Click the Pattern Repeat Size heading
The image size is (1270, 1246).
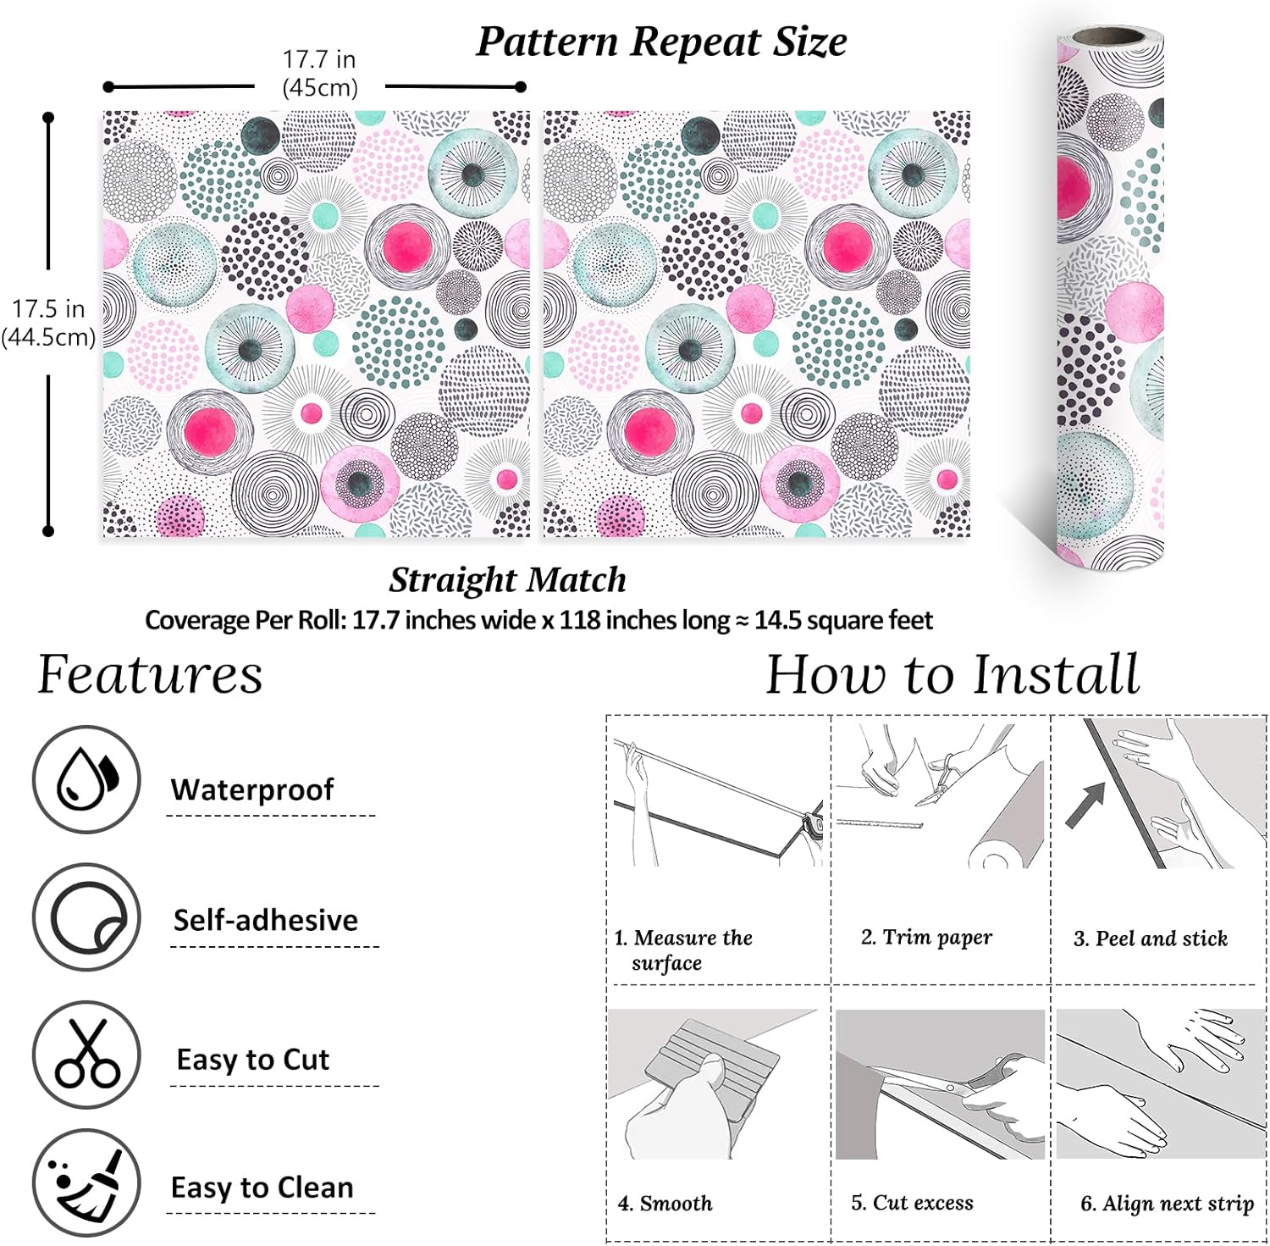coord(661,42)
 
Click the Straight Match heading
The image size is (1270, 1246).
coord(507,580)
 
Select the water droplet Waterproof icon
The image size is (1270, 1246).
coord(86,779)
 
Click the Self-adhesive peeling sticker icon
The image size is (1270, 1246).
coord(86,917)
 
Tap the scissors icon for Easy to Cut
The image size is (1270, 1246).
coord(86,1055)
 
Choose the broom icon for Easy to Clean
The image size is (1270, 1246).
coord(86,1183)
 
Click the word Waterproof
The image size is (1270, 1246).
coord(252,789)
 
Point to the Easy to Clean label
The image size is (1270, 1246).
coord(262,1188)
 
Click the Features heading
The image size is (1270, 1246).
coord(150,675)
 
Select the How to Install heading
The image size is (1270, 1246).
coord(952,675)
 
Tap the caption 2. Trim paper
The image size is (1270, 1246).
coord(926,937)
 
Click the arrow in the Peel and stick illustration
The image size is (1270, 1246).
coord(1085,804)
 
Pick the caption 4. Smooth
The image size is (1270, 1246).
coord(665,1203)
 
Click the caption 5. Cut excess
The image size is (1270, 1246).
coord(912,1203)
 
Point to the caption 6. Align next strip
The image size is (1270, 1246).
coord(1167,1204)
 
